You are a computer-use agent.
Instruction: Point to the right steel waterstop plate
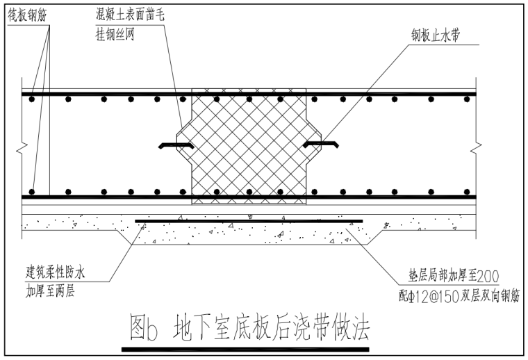[320, 144]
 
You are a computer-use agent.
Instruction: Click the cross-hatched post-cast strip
[248, 146]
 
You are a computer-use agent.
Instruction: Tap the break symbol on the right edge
[477, 147]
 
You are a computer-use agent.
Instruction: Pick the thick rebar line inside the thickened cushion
[248, 221]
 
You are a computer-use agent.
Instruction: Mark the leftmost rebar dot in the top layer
[31, 99]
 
